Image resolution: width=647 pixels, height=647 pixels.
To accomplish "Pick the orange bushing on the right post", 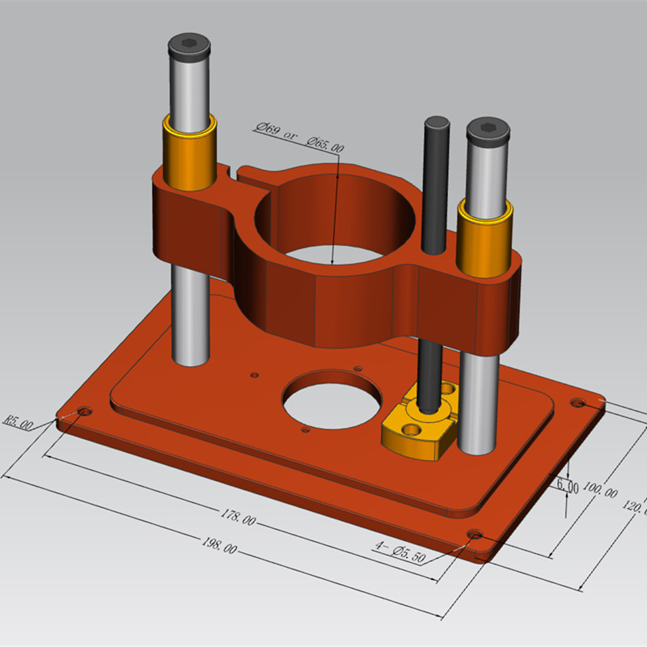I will [x=484, y=236].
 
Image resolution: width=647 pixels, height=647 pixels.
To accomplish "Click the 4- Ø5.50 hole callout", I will [x=400, y=551].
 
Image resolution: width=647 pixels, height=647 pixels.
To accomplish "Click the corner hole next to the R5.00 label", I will [x=85, y=412].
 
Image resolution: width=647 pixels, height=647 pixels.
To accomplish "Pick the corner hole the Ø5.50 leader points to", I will [x=476, y=535].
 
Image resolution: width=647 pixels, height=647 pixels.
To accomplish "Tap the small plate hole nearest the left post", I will [x=255, y=374].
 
